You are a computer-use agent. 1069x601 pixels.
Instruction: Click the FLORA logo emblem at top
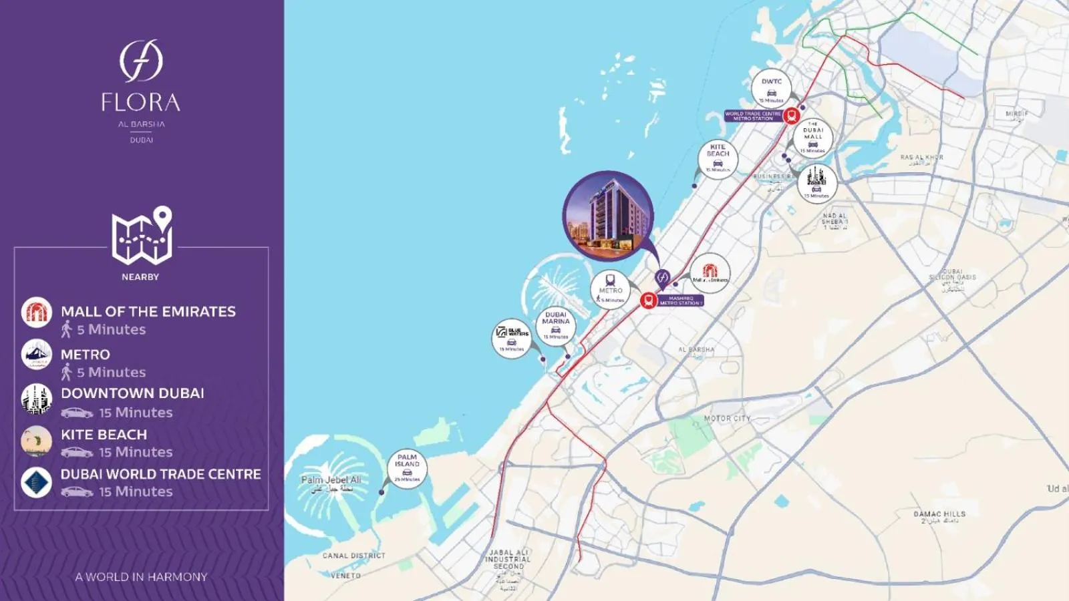click(141, 61)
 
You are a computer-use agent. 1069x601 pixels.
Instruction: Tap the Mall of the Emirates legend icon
click(37, 312)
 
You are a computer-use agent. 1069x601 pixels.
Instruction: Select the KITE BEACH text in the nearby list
click(104, 435)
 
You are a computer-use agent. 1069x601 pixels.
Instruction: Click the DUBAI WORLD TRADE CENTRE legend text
click(160, 474)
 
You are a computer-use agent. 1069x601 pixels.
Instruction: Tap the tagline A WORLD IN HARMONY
click(141, 577)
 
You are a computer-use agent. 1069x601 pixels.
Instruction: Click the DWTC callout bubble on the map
click(771, 89)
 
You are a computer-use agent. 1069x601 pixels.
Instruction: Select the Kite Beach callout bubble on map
click(718, 159)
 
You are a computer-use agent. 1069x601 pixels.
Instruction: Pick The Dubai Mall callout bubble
click(813, 138)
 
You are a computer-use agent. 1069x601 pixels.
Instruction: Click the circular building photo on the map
click(607, 215)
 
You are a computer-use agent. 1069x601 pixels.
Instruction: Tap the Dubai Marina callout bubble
click(556, 325)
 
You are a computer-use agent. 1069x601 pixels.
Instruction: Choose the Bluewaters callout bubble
click(512, 337)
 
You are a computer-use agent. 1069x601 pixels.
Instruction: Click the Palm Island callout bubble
click(407, 468)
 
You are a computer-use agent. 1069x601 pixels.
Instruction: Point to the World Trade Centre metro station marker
click(792, 116)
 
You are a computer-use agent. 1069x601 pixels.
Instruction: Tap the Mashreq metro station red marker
click(647, 300)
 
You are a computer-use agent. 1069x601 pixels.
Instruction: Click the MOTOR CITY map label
click(727, 419)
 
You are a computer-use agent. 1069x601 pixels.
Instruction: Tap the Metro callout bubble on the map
click(610, 290)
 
